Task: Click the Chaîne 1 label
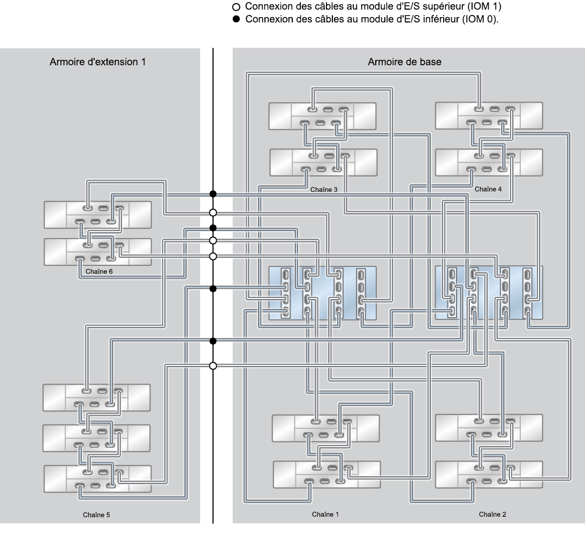coord(325,515)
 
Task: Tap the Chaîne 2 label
coord(492,515)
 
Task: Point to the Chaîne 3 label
coord(323,189)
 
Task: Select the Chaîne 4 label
coord(488,189)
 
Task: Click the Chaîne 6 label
coord(99,271)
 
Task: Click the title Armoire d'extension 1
coord(98,62)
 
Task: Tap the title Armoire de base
coord(405,62)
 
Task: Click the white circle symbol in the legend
coord(238,7)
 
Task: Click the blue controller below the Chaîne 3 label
coord(323,293)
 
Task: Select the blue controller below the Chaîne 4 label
coord(489,293)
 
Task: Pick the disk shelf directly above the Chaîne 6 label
coord(97,251)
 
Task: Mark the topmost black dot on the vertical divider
coord(213,194)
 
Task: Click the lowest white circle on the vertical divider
coord(213,366)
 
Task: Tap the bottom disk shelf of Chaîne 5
coord(97,479)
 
